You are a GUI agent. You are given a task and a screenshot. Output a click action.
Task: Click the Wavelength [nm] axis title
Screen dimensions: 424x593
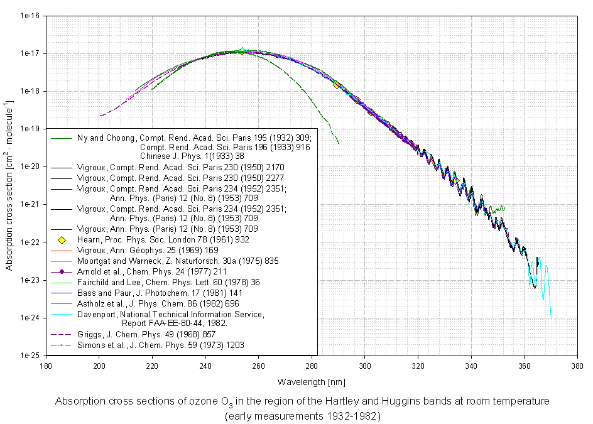click(312, 381)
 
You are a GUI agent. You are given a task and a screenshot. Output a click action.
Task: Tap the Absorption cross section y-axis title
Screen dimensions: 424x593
click(10, 185)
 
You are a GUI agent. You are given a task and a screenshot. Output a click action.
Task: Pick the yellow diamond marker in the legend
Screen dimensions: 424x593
click(62, 239)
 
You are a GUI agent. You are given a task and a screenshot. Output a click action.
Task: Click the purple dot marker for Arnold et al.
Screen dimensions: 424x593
click(62, 271)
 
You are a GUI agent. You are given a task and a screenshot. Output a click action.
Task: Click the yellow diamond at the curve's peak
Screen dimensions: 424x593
click(242, 50)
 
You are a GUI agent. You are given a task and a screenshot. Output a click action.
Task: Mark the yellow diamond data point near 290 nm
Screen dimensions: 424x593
click(337, 85)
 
